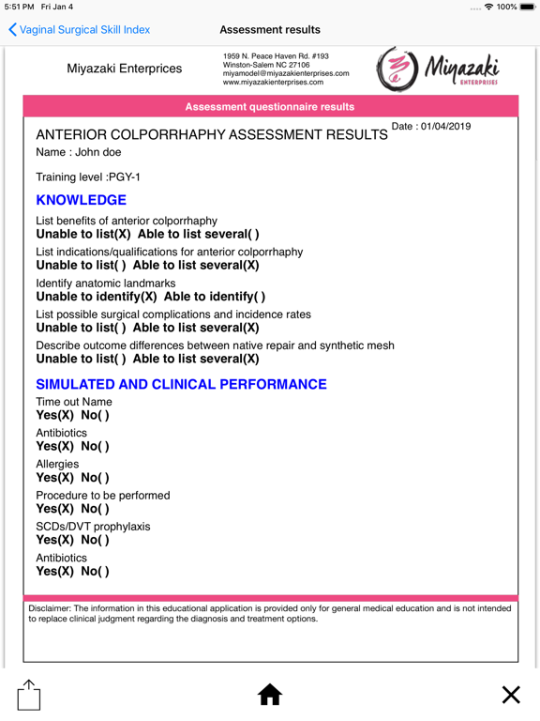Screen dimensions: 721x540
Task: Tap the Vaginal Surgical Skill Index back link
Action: (79, 30)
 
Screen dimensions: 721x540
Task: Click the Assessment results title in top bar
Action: (270, 30)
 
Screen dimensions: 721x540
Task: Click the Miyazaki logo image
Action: (438, 69)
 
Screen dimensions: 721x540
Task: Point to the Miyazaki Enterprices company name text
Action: (125, 69)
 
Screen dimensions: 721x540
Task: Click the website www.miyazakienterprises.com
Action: (274, 83)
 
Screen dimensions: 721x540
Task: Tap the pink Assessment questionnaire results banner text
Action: (270, 107)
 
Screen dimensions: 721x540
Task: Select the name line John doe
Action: (79, 152)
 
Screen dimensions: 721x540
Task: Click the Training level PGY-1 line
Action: (88, 176)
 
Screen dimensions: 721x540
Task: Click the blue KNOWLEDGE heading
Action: (81, 201)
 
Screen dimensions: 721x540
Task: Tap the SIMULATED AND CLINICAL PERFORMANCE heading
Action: (181, 385)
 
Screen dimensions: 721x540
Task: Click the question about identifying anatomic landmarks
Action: (106, 284)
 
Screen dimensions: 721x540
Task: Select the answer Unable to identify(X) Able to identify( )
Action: (150, 298)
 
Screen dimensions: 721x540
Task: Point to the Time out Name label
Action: (74, 402)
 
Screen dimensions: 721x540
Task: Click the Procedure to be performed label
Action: (103, 496)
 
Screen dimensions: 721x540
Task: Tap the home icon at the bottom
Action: (270, 695)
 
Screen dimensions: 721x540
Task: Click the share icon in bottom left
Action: (29, 695)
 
